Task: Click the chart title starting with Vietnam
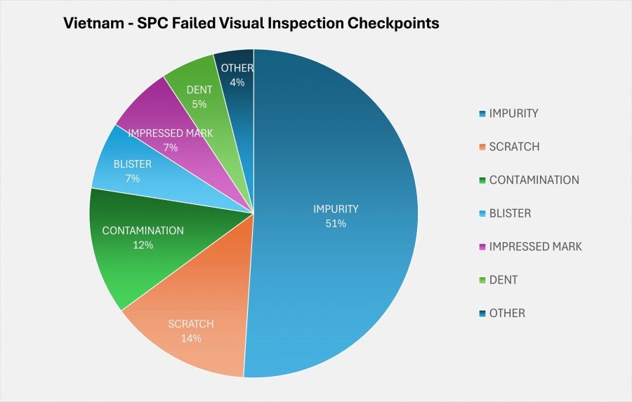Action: tap(251, 23)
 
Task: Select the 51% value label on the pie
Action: tap(336, 224)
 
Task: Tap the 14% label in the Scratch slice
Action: tap(191, 338)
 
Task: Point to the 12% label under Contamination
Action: tap(143, 245)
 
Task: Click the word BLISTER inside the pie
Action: tap(133, 165)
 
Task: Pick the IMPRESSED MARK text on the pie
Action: tap(170, 133)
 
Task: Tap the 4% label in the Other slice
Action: tap(237, 82)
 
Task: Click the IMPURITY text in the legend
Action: tap(513, 114)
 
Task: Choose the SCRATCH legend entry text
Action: tap(514, 147)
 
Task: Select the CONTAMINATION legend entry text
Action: tap(534, 180)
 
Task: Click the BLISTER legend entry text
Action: tap(510, 213)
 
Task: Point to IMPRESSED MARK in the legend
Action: tap(535, 246)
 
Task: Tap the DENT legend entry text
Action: tap(503, 280)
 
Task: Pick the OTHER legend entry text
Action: tap(507, 313)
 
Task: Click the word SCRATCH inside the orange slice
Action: tap(191, 324)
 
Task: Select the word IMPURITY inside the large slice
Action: tap(336, 209)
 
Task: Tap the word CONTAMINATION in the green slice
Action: tap(143, 231)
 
